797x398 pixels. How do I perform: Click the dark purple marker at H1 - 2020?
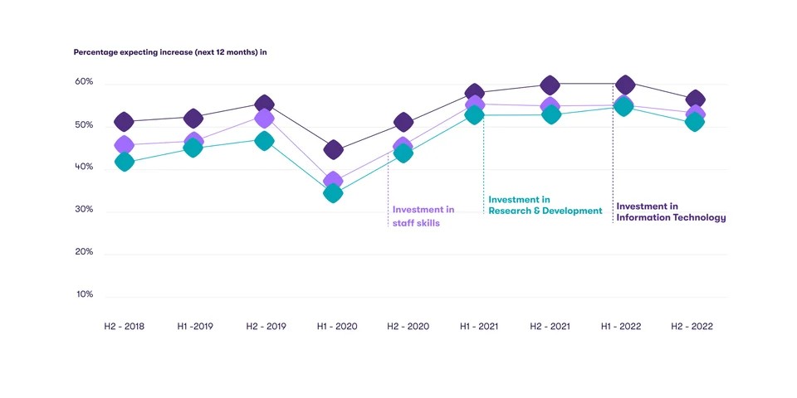[x=333, y=150]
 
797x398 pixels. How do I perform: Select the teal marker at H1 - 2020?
[x=333, y=194]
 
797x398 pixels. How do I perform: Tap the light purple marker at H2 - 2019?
[x=264, y=119]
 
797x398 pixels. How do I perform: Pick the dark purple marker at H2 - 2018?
[x=124, y=122]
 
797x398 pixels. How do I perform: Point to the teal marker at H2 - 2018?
[x=125, y=163]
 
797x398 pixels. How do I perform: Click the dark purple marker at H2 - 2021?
[x=550, y=85]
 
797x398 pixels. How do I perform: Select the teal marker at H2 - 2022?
[x=694, y=123]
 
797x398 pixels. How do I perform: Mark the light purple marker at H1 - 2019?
[x=194, y=141]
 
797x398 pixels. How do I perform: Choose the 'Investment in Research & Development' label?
[x=545, y=206]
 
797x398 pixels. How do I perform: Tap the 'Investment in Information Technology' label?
[x=671, y=212]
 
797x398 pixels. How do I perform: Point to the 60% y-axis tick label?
[x=84, y=83]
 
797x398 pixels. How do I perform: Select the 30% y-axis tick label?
[x=84, y=210]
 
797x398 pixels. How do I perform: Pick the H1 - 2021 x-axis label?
[x=479, y=327]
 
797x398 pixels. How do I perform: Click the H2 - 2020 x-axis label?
[x=408, y=327]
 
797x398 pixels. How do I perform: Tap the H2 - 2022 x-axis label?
[x=692, y=327]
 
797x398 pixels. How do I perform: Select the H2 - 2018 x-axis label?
[x=124, y=327]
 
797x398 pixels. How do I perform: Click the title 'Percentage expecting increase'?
[x=169, y=52]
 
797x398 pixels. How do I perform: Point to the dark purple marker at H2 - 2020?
[x=403, y=123]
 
